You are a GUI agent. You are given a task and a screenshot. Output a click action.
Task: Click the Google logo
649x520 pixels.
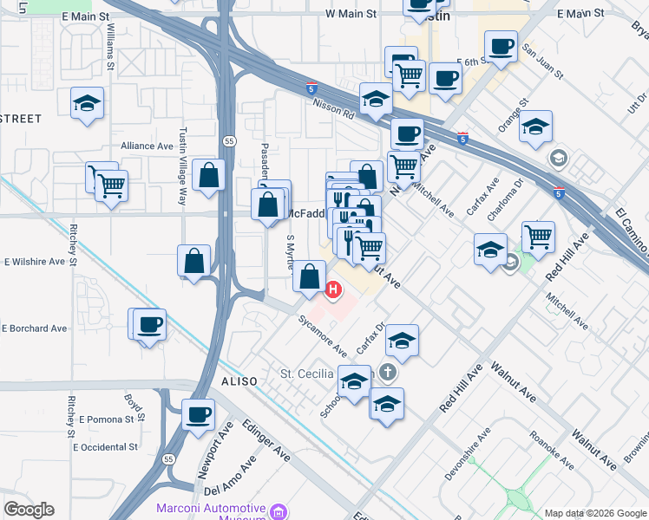coord(29,510)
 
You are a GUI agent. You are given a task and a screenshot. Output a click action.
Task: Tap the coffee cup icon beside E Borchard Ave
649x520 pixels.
coord(149,324)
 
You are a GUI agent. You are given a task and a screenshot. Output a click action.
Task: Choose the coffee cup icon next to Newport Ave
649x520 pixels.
coord(199,413)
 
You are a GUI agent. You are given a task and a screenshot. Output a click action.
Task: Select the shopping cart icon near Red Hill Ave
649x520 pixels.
coord(538,236)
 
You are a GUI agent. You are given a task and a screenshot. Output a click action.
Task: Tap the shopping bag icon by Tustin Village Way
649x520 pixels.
coord(209,175)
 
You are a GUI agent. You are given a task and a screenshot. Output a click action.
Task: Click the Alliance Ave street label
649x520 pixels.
coord(147,146)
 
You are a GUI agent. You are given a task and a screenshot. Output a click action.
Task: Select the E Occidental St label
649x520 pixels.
coord(106,447)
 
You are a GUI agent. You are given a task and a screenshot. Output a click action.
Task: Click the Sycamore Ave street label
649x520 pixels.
coord(323,336)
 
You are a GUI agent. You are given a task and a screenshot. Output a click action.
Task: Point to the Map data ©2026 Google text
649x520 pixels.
coord(595,512)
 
